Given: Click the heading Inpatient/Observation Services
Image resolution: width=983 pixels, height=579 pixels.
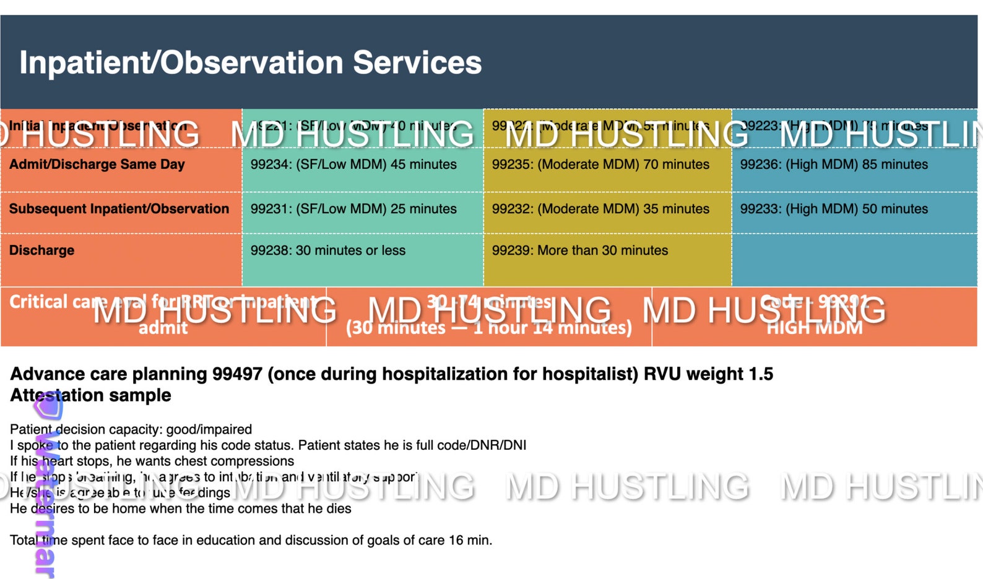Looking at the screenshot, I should coord(250,63).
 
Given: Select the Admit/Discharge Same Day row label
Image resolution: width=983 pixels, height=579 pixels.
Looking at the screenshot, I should coord(97,165).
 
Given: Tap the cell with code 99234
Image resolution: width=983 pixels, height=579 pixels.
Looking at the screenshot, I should coord(353,165).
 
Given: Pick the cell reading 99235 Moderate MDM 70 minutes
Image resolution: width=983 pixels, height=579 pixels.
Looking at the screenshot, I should coord(600,165).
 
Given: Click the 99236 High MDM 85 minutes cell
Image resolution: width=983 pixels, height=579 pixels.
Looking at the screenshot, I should coord(834,165).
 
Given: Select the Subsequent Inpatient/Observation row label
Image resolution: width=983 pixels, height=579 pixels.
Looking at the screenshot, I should coord(119,209).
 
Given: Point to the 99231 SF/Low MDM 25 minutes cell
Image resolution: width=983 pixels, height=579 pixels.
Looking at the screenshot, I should coord(353,209).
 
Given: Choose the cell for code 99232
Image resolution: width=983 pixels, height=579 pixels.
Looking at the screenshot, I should coord(600,209).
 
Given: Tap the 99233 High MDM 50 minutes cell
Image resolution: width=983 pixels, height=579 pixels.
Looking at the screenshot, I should coord(834,209).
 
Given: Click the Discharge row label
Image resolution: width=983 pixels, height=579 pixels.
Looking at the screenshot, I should coord(41,251).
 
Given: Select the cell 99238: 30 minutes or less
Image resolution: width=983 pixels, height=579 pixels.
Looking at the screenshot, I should coord(328,251).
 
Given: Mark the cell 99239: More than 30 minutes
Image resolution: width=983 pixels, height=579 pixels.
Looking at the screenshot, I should coord(580,251).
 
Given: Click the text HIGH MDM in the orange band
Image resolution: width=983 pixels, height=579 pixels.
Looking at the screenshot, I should coord(815,328).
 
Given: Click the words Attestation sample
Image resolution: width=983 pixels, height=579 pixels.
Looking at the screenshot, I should coord(90,395).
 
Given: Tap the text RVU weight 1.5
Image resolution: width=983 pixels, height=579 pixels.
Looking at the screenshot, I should coord(708,374).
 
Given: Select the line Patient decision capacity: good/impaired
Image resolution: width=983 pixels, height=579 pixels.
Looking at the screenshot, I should coord(131,429).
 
